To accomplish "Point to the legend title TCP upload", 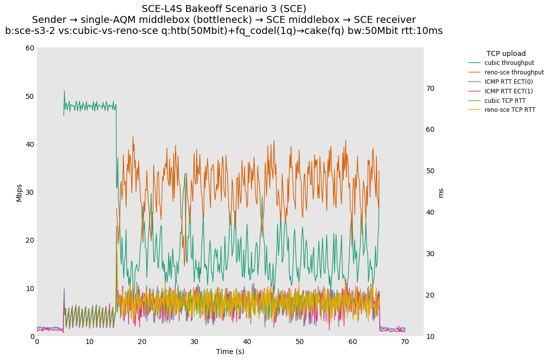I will point(506,53).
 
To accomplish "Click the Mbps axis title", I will point(19,193).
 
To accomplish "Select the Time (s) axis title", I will point(230,352).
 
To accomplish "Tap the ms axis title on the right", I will point(441,193).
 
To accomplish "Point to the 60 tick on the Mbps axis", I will point(30,48).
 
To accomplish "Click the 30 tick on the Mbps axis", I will point(30,192).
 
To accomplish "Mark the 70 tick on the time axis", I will point(405,342).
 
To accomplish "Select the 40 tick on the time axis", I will point(247,342).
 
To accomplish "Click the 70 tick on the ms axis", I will point(430,88).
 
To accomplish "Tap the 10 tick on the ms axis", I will point(430,337).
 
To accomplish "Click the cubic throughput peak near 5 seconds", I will point(64,91).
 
